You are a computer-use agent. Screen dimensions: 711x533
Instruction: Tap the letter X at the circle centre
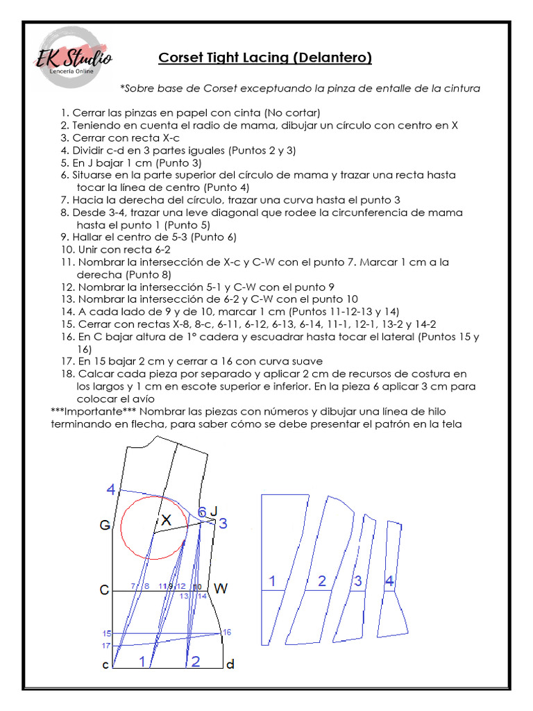[166, 519]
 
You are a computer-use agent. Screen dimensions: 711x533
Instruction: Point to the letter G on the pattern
[105, 526]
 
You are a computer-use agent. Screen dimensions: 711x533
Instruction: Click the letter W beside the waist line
[221, 589]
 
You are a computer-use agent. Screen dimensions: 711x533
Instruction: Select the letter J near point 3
[214, 511]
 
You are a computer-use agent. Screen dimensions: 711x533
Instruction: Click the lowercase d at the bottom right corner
[230, 664]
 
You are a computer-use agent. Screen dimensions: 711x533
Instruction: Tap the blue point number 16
[227, 631]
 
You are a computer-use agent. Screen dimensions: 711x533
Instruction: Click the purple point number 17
[105, 646]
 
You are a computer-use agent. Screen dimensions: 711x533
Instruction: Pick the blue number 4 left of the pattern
[111, 490]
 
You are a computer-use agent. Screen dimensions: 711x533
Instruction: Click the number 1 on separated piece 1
[273, 581]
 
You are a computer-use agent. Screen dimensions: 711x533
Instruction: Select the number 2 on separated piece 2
[321, 581]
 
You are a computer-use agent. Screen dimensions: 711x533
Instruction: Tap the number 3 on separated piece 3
[357, 581]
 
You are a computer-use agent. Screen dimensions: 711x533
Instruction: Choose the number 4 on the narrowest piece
[389, 581]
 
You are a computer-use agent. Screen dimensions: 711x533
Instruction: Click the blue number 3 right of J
[223, 524]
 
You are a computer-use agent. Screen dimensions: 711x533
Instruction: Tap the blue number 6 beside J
[201, 512]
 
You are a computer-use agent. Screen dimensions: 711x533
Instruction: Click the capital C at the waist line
[104, 590]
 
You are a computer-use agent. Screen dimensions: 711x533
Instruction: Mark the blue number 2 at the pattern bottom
[196, 661]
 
